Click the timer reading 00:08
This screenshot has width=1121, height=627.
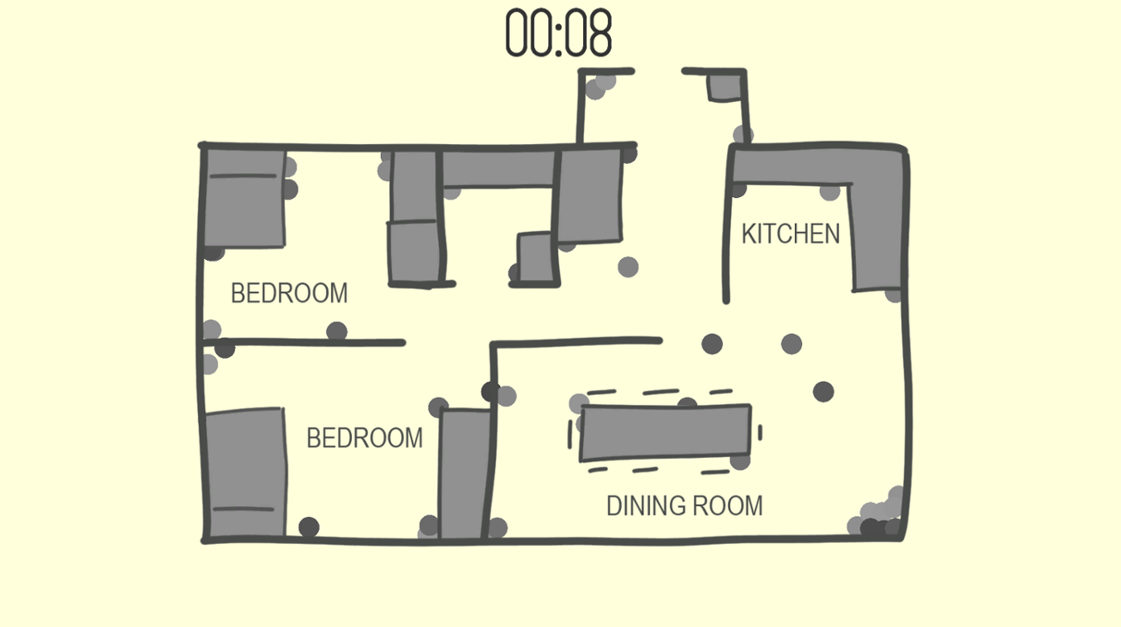click(x=558, y=33)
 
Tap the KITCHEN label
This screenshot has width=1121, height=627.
click(x=791, y=233)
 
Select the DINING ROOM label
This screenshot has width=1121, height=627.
click(x=684, y=505)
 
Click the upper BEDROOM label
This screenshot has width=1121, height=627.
click(x=289, y=292)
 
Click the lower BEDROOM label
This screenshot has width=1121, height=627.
click(x=365, y=437)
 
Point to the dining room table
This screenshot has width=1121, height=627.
click(x=666, y=432)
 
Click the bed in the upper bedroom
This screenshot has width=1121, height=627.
click(x=244, y=198)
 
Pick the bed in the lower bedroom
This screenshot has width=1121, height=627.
click(x=245, y=473)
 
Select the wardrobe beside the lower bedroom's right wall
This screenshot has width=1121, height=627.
click(x=464, y=473)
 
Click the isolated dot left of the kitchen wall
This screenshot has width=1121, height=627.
click(x=628, y=267)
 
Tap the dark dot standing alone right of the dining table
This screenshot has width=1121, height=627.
click(x=823, y=391)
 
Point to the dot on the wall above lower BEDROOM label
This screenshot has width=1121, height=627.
click(x=336, y=332)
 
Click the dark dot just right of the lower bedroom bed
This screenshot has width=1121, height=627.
click(x=309, y=527)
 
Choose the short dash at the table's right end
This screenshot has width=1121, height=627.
click(x=760, y=432)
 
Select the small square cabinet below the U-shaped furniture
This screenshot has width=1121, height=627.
click(x=536, y=257)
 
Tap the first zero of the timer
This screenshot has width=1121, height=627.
click(x=517, y=33)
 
